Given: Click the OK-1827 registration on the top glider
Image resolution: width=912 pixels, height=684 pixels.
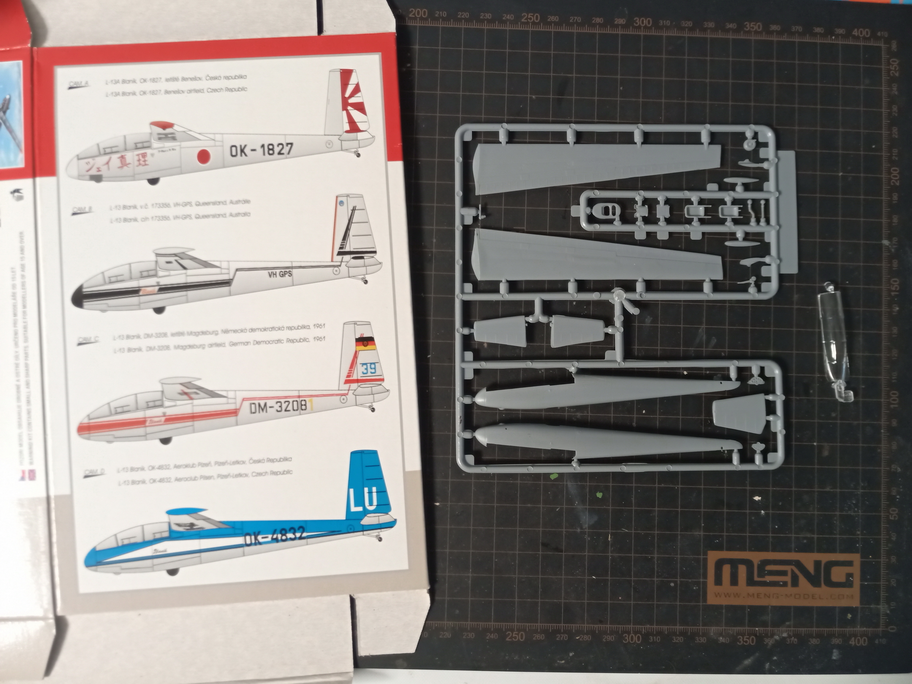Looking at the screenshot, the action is click(261, 150).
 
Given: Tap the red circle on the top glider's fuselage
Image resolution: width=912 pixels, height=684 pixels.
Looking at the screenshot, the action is click(204, 156).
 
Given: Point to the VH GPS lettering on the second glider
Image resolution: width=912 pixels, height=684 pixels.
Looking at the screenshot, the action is click(280, 274).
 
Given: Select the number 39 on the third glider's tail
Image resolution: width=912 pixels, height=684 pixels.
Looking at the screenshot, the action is click(369, 369).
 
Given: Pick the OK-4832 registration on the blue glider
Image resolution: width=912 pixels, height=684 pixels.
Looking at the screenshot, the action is click(275, 536).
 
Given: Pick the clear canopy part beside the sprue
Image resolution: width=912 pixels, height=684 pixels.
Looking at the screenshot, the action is click(835, 346).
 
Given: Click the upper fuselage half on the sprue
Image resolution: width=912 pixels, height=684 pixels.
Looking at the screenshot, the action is click(605, 391).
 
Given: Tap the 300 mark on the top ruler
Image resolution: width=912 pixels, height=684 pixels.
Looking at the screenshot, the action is click(642, 22).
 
